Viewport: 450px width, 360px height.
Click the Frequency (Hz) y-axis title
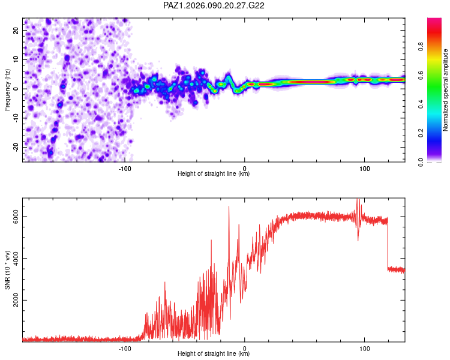click(x=7, y=89)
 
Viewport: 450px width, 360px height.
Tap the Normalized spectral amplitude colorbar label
click(x=446, y=91)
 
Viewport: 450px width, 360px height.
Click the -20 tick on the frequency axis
click(x=16, y=147)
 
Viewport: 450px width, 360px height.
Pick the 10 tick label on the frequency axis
click(x=17, y=59)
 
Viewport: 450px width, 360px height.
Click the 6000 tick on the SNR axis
click(x=17, y=217)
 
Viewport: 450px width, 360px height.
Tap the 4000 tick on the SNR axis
click(x=17, y=259)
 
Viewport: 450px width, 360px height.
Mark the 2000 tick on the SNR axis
click(x=17, y=301)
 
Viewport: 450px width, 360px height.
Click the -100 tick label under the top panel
click(x=125, y=168)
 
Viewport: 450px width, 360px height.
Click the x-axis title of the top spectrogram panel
click(x=214, y=174)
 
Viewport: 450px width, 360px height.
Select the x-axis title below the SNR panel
click(x=214, y=354)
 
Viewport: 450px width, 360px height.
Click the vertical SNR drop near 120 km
click(x=388, y=246)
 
